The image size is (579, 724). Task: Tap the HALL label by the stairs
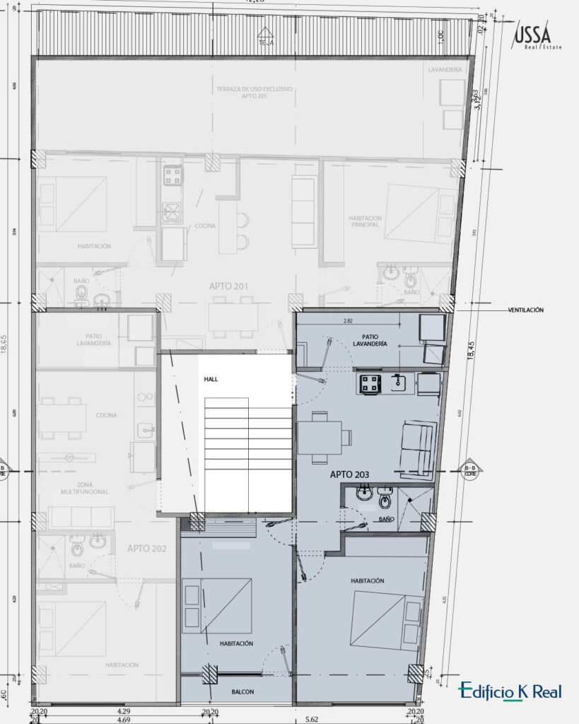pos(211,379)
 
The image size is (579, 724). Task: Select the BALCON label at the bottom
pos(242,691)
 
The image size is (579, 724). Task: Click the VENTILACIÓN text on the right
pos(526,310)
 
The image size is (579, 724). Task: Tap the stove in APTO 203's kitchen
pos(371,384)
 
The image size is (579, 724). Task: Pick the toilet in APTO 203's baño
pos(385,498)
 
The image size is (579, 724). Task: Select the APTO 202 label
pos(146,548)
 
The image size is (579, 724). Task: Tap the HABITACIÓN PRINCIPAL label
pos(365,222)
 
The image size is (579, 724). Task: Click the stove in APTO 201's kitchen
pos(172,175)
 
